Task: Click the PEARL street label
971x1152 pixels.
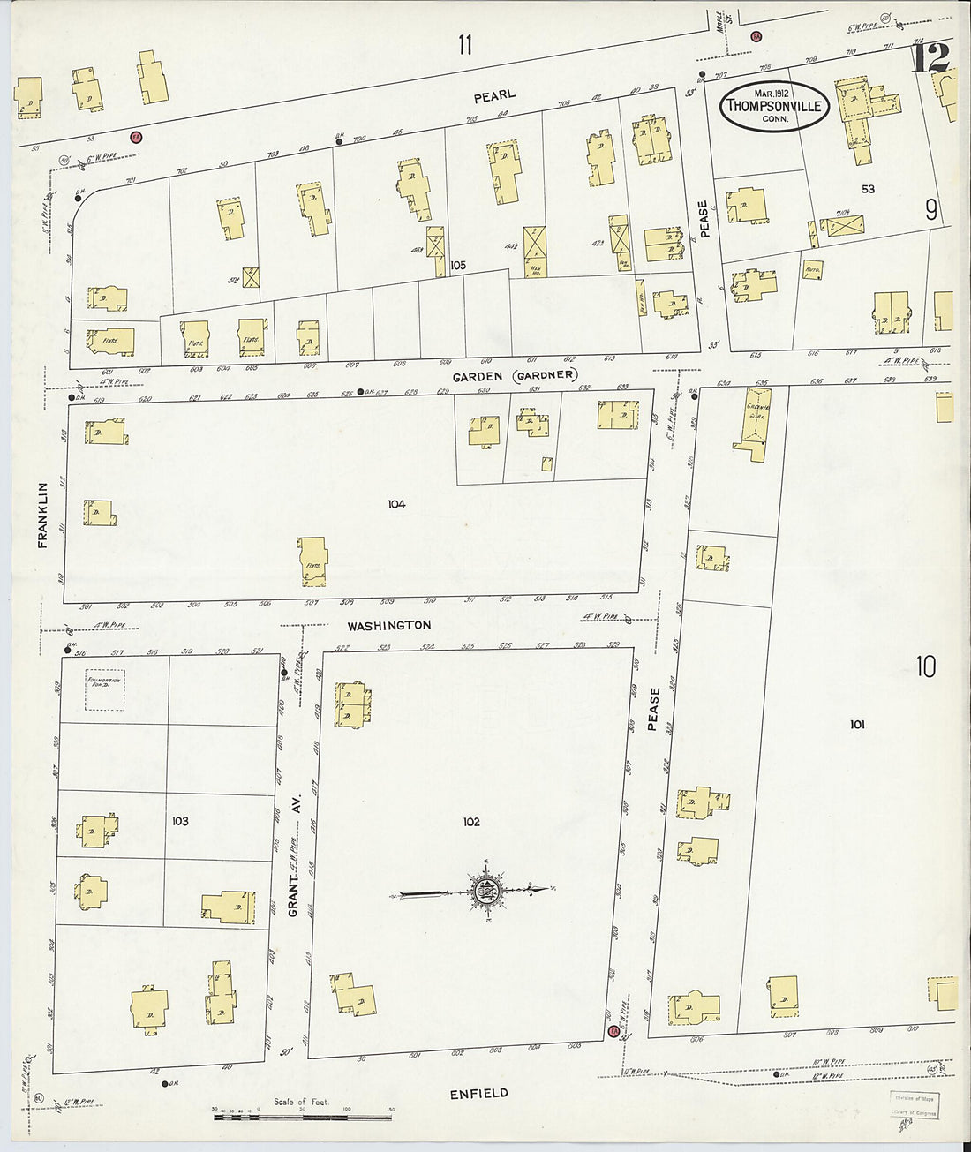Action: click(x=493, y=94)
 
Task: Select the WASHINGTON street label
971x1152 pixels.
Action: click(x=388, y=625)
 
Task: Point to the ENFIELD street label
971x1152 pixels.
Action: click(x=478, y=1093)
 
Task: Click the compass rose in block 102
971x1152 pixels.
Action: click(x=485, y=891)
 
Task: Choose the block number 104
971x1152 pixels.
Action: click(x=395, y=504)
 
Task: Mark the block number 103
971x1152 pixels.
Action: click(x=180, y=821)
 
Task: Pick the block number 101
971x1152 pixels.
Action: click(x=856, y=725)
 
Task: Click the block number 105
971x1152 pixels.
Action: click(x=457, y=265)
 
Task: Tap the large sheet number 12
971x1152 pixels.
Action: click(x=930, y=58)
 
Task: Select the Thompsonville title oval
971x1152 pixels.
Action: click(x=774, y=106)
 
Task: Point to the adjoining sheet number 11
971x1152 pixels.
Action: click(x=465, y=44)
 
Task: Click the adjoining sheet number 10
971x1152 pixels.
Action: click(x=925, y=666)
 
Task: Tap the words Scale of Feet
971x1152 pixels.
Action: click(x=301, y=1102)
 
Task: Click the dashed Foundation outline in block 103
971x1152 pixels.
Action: click(x=105, y=689)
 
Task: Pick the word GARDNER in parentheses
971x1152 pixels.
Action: click(x=546, y=375)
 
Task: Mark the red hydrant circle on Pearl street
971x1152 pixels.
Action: click(x=136, y=137)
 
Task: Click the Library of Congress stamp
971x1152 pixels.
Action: click(x=914, y=1103)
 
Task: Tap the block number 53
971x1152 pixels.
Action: click(x=868, y=189)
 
